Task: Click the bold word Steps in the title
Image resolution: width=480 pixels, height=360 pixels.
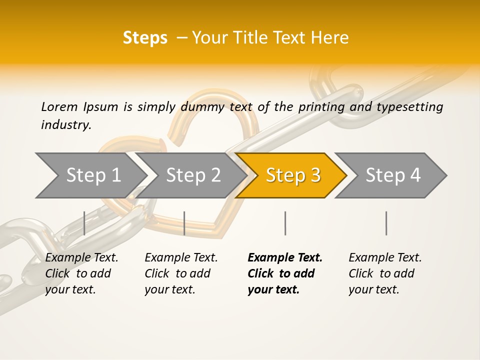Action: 145,38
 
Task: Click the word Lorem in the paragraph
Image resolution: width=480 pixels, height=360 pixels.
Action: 59,107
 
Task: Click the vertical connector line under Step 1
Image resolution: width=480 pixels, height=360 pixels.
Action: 84,223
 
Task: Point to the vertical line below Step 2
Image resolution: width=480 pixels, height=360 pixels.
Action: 184,223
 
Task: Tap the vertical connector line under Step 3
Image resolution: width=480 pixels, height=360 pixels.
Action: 285,223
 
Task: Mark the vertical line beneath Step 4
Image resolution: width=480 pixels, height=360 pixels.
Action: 386,223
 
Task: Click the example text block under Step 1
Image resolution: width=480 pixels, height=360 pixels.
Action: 81,273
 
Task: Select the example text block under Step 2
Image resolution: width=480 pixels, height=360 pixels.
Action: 181,273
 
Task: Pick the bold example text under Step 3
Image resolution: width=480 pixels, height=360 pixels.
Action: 285,273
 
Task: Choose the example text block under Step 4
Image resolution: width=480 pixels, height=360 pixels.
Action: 385,273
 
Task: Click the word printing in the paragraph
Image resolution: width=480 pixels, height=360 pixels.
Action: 318,107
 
